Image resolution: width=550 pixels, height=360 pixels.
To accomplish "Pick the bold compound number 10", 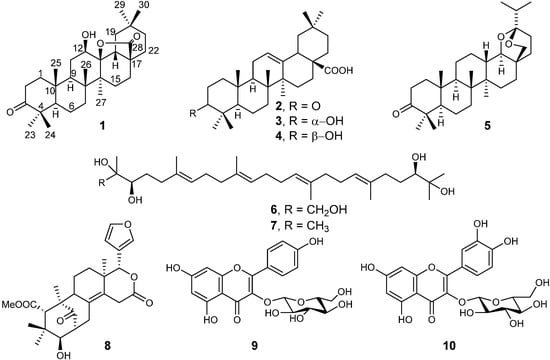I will pos(462,341).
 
